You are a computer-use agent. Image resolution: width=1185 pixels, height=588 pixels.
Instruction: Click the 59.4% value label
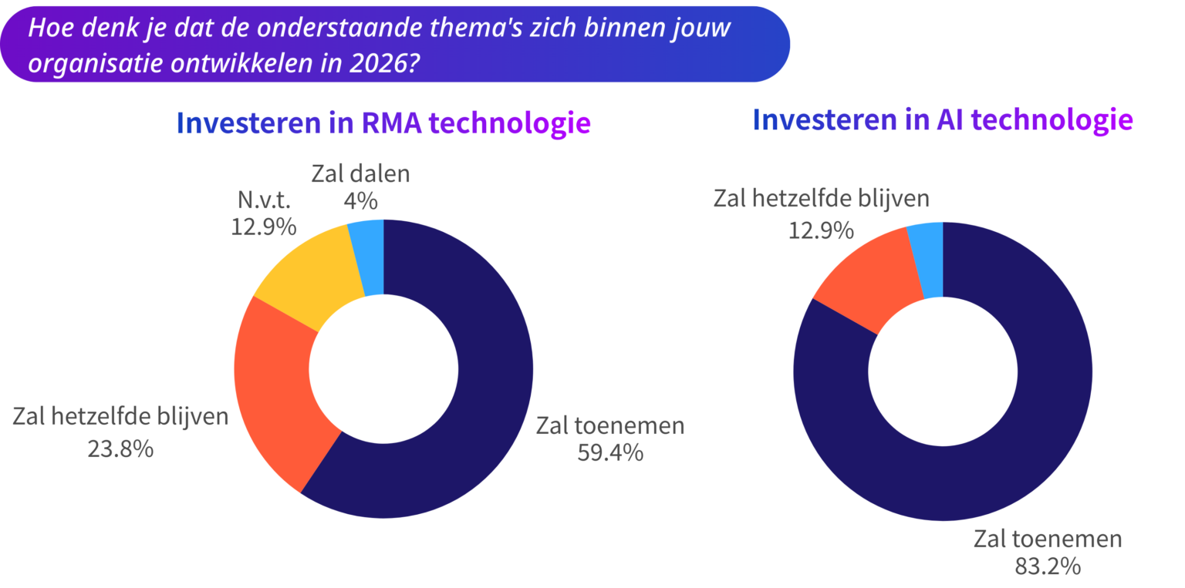pos(609,452)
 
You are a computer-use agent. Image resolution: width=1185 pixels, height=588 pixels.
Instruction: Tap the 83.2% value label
pos(1047,566)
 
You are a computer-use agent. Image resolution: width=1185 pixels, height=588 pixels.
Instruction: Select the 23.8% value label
pos(120,448)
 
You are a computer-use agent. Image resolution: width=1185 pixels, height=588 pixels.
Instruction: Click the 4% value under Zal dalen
pos(360,201)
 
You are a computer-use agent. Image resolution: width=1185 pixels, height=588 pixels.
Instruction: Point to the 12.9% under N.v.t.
pos(263,227)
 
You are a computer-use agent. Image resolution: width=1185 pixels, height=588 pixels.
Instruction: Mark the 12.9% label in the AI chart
pos(821,229)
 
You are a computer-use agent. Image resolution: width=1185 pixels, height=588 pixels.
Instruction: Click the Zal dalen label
pos(360,174)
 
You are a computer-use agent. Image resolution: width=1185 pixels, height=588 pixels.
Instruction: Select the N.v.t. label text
pos(264,200)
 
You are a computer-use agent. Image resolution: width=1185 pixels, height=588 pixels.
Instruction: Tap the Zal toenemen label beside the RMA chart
pos(610,425)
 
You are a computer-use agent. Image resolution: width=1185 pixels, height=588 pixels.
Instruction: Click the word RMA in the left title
pos(392,123)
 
